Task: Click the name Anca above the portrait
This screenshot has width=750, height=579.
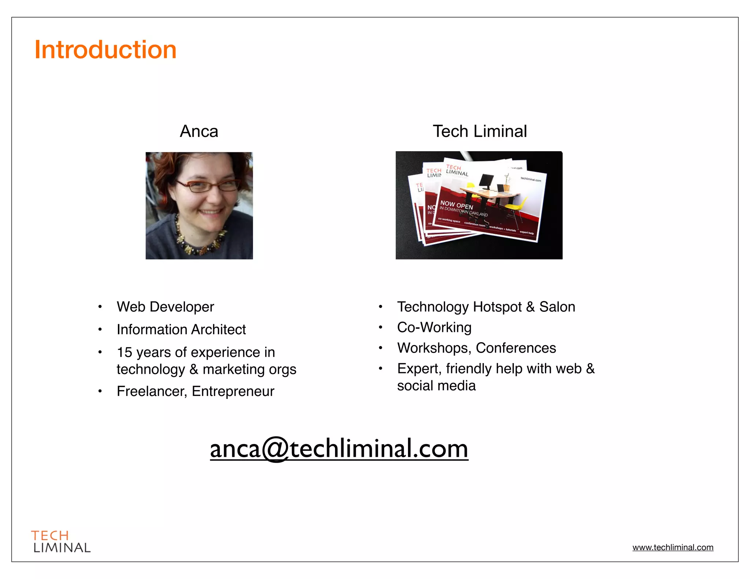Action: [x=199, y=131]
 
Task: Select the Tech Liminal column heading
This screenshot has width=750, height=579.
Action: [x=479, y=131]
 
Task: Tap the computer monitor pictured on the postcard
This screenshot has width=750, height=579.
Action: [x=486, y=181]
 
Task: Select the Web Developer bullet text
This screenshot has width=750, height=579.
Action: [x=165, y=307]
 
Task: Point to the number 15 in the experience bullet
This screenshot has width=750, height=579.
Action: [x=125, y=352]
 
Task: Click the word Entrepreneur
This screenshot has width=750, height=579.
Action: [x=233, y=391]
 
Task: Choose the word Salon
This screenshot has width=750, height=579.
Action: [x=557, y=307]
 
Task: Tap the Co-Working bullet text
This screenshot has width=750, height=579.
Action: [x=434, y=327]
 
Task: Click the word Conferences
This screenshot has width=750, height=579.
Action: [x=516, y=348]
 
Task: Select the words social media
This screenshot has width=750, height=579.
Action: [x=437, y=385]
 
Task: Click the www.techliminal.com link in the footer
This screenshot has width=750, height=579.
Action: [x=673, y=547]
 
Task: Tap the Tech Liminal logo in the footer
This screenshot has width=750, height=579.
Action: [x=61, y=541]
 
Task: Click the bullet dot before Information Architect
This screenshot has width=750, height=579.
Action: [x=100, y=329]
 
